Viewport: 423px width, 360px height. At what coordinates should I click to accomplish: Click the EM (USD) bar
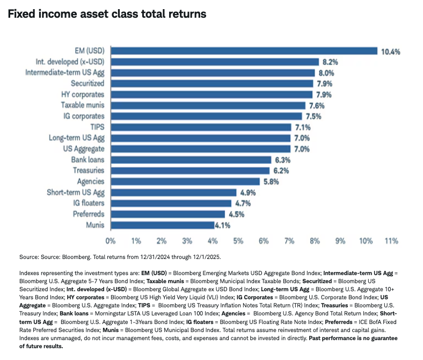[244, 51]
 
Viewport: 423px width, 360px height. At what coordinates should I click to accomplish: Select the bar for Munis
[163, 225]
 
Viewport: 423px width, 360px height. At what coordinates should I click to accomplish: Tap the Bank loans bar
[191, 160]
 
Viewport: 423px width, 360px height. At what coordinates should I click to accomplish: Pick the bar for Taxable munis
[208, 105]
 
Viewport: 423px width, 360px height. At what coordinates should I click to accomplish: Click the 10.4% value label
[391, 52]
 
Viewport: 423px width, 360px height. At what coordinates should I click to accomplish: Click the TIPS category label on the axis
[98, 127]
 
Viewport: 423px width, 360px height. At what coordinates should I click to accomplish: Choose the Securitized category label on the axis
[87, 84]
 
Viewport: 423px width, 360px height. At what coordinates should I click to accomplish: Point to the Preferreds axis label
[89, 214]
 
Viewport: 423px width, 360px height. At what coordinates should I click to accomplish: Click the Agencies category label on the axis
[90, 181]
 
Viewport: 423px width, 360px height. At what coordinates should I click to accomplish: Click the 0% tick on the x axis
[111, 240]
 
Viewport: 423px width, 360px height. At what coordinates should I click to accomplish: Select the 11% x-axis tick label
[390, 240]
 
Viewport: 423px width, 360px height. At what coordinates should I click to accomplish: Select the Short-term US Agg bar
[173, 192]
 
